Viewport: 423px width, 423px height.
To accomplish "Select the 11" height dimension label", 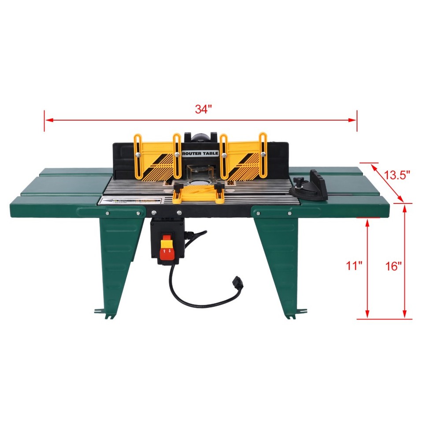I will (x=354, y=266).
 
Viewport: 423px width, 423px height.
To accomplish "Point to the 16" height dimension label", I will (x=393, y=266).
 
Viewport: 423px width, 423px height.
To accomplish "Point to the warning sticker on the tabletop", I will (x=119, y=200).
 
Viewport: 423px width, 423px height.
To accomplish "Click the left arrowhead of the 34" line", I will (x=47, y=119).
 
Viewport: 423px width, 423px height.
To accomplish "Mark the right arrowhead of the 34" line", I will (x=354, y=119).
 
